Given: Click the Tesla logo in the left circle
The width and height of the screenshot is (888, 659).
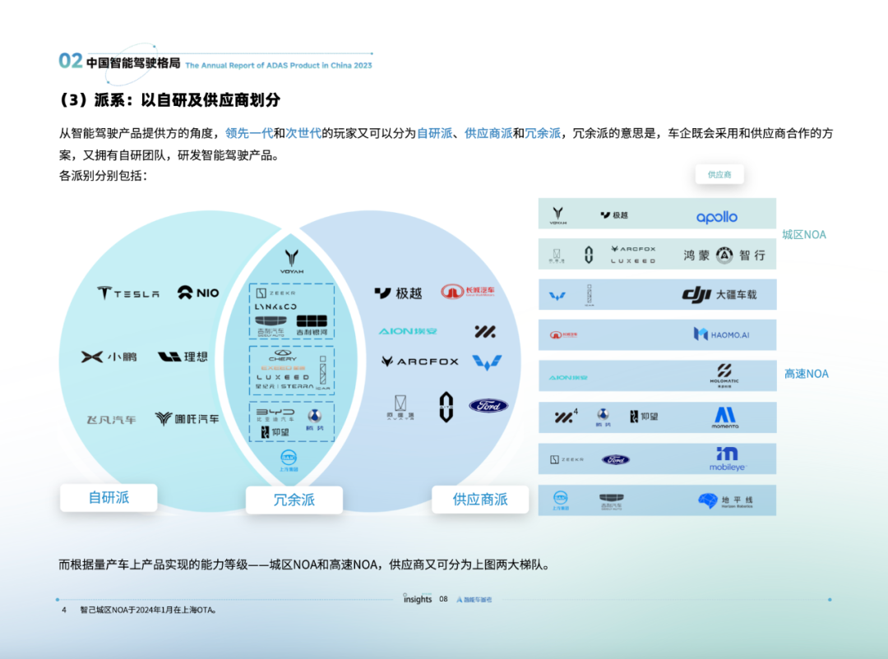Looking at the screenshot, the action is [127, 293].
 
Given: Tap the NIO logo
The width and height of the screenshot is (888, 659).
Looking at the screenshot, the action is [198, 293].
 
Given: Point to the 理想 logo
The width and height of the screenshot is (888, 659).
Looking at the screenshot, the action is [183, 357].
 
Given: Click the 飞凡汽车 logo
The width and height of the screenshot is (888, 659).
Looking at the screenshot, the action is [112, 419].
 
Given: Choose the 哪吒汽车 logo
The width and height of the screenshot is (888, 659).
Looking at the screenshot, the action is [187, 419].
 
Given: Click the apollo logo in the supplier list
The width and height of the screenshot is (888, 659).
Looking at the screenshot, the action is [717, 217].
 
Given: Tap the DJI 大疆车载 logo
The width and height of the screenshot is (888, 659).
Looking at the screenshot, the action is [719, 294].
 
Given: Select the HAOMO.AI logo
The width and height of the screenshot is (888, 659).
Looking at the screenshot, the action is [721, 334].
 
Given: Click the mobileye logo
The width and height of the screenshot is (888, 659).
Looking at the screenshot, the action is [727, 459].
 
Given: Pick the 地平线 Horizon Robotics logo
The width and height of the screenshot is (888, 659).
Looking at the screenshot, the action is [725, 500].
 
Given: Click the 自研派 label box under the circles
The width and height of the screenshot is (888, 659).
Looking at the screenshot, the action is [109, 497].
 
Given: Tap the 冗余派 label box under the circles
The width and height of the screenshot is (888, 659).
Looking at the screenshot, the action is [294, 500].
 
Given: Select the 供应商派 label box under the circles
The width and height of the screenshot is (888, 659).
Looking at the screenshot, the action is [480, 500].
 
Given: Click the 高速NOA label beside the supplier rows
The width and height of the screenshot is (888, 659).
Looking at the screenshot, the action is [806, 374].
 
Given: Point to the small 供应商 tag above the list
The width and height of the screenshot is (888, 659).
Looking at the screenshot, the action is [719, 175].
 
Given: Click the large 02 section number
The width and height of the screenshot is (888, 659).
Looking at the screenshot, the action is [71, 61].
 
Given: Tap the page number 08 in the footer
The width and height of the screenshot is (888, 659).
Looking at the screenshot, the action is [443, 599].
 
